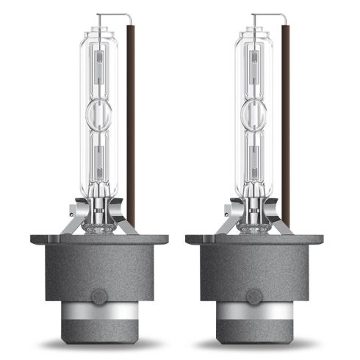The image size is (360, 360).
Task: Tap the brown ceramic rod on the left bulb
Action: point(130,125)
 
